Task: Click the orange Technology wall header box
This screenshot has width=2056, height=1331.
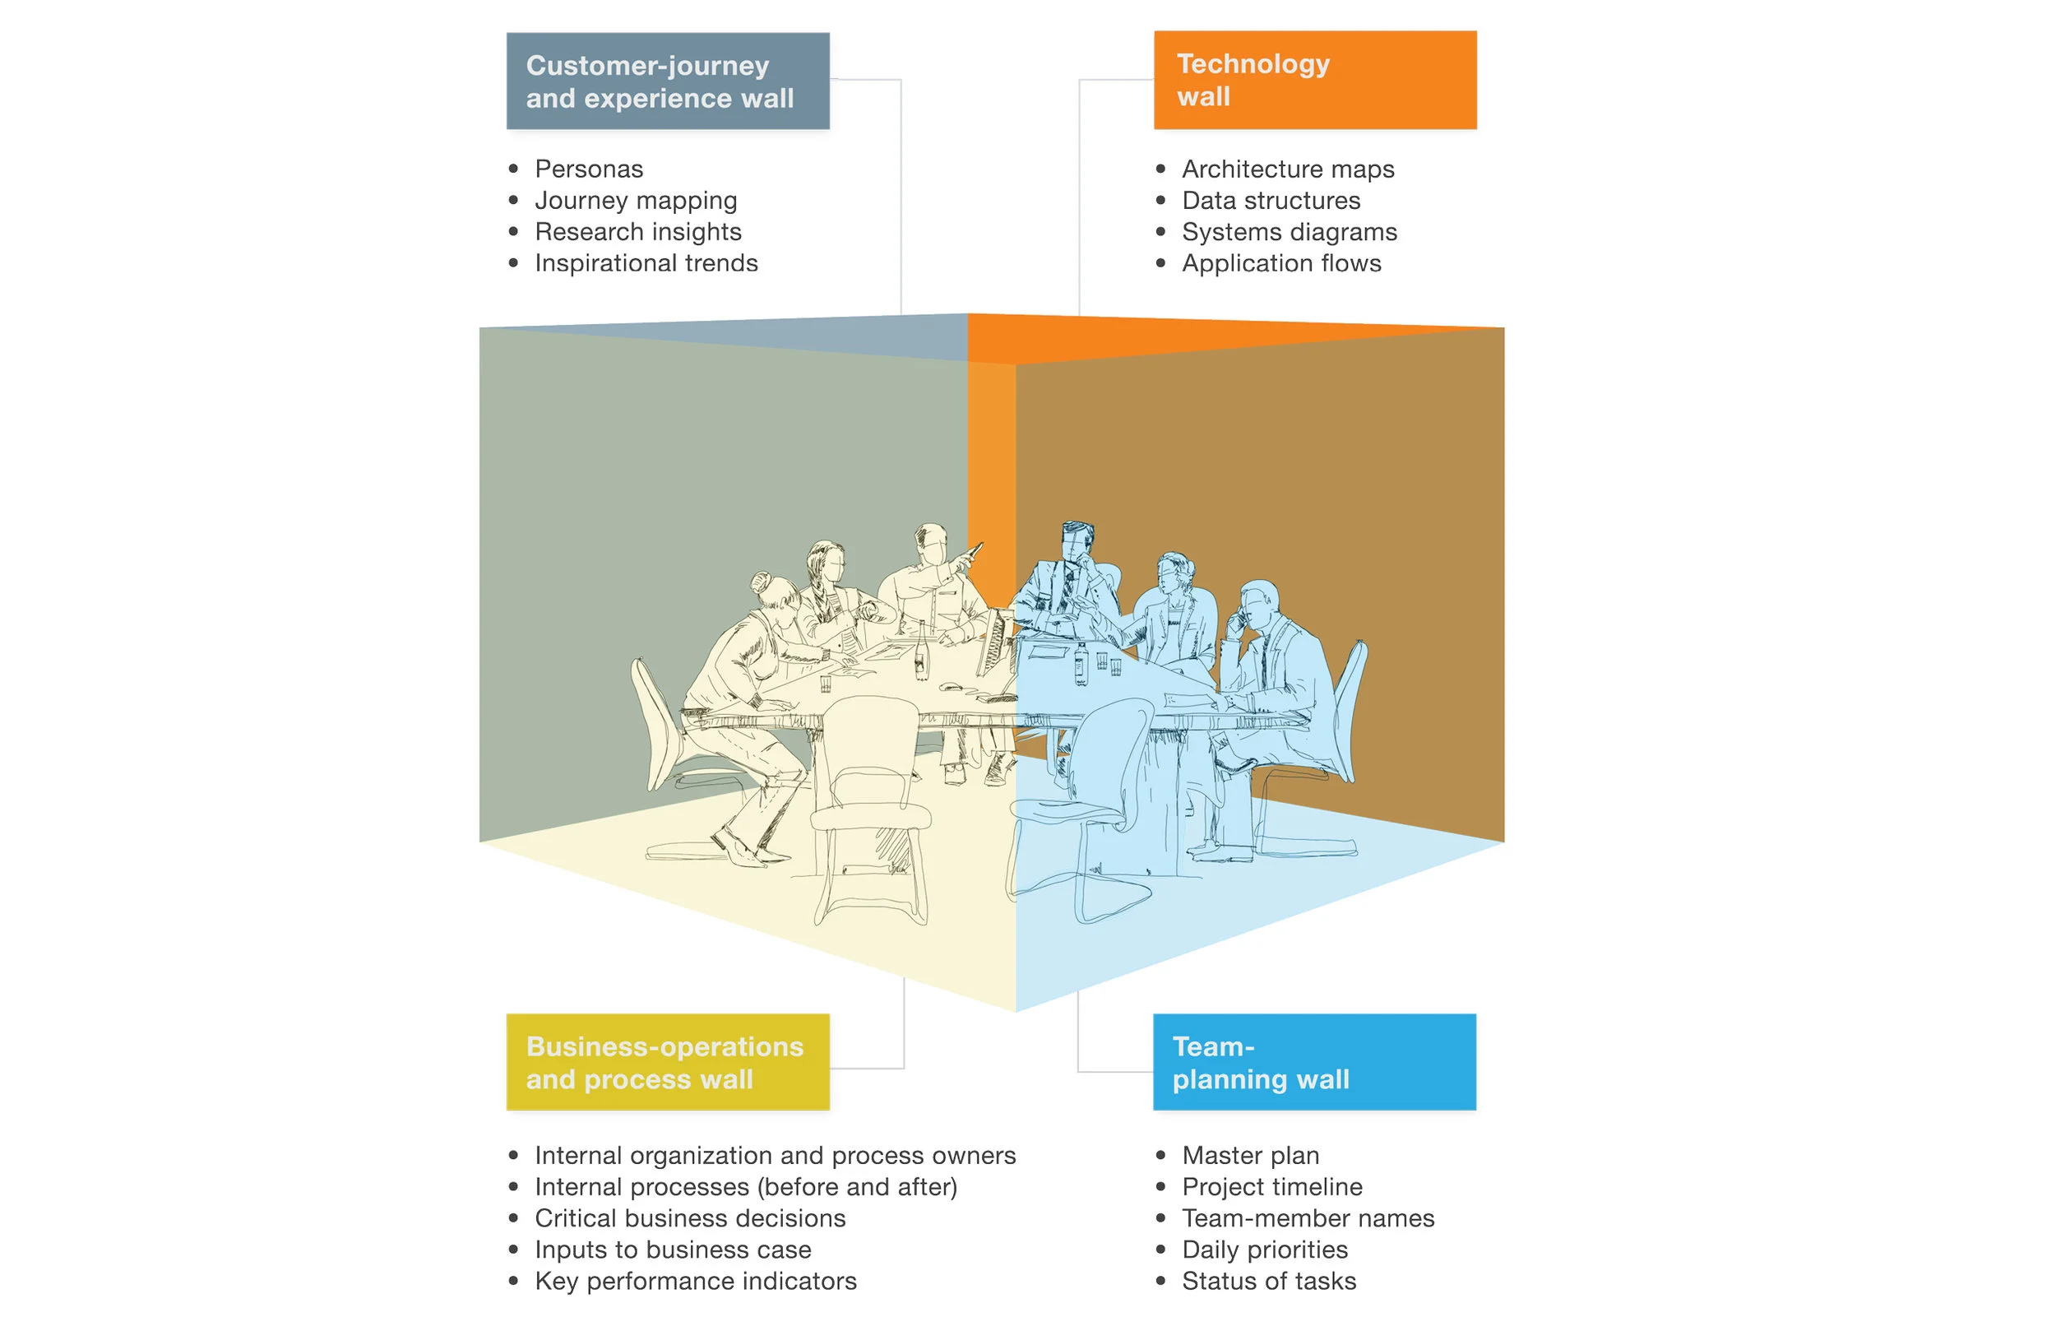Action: click(1314, 81)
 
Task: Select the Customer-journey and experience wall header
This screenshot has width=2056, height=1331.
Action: click(668, 81)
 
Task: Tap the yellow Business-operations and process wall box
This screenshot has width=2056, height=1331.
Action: click(668, 1061)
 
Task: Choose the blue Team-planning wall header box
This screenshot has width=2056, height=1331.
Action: click(1314, 1061)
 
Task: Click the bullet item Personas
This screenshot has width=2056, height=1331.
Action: click(588, 169)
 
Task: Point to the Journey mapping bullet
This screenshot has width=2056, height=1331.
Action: click(635, 201)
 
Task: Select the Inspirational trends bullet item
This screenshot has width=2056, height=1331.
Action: click(646, 262)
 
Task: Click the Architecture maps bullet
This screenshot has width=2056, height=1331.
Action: click(1287, 169)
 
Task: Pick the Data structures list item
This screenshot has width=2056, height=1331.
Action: click(1270, 201)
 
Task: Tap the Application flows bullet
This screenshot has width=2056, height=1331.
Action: click(1280, 262)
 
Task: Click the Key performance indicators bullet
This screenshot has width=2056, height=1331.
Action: click(695, 1281)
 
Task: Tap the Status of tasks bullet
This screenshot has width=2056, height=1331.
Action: click(1268, 1281)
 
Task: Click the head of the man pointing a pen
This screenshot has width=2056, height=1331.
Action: click(931, 544)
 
